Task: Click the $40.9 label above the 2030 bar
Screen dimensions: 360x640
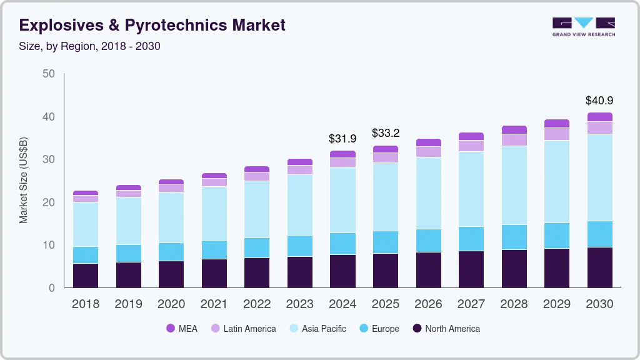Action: click(599, 100)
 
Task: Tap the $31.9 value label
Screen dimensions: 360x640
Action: click(342, 138)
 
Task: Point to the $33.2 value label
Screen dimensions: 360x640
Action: click(386, 133)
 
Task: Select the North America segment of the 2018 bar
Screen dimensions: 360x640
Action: click(86, 276)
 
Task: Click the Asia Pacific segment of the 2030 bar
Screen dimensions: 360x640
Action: click(599, 177)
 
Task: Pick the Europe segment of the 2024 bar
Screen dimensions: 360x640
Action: click(342, 244)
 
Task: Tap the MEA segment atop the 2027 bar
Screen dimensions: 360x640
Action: click(471, 136)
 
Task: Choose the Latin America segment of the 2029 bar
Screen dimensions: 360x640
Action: click(557, 134)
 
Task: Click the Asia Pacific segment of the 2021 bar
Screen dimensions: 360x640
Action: click(214, 213)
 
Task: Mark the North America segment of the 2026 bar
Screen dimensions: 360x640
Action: click(428, 270)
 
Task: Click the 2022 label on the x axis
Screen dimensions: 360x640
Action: click(257, 304)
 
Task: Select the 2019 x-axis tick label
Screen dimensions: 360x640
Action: click(128, 304)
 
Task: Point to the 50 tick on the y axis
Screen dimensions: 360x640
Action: click(49, 74)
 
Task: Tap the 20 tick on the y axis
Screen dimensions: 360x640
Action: click(49, 202)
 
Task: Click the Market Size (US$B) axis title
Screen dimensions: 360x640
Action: click(24, 181)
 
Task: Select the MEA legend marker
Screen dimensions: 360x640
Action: click(170, 329)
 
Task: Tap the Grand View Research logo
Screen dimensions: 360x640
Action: click(583, 26)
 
